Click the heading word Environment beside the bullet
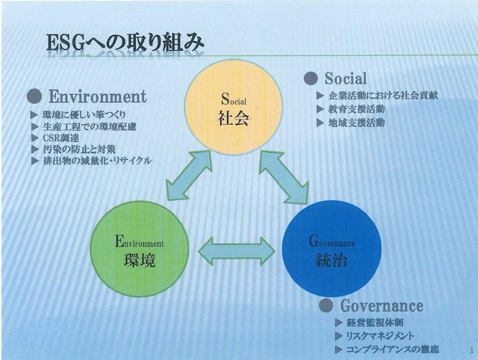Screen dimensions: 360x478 coord(98,96)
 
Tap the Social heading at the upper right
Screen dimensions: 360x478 coord(345,78)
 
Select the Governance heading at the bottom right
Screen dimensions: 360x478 coord(382,306)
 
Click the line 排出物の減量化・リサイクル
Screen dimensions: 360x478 coord(97,160)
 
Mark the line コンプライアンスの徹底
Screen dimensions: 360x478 coord(392,349)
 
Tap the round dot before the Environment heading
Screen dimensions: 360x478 coord(33,97)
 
